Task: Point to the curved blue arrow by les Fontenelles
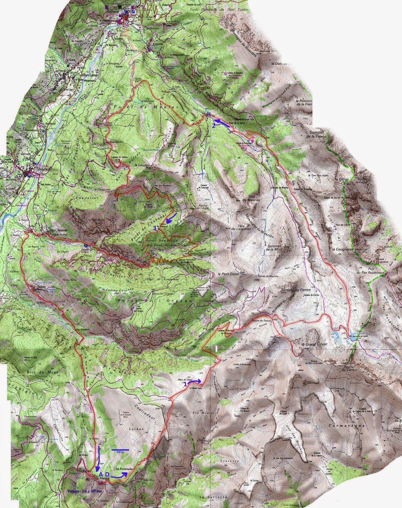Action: pos(120,475)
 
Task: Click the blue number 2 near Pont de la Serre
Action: pos(214,126)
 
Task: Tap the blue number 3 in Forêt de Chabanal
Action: pos(155,228)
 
